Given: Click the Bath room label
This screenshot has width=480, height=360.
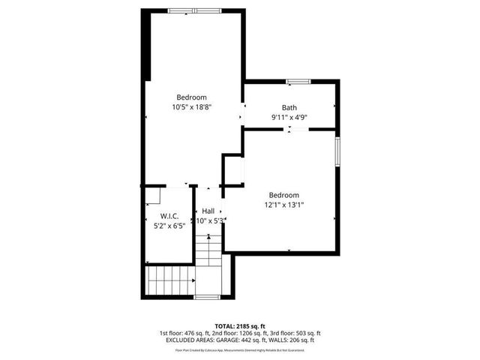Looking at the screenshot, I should [x=289, y=107].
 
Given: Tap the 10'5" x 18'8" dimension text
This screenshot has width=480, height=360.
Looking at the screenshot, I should [x=192, y=107].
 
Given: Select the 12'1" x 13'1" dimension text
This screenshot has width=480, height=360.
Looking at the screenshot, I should [x=283, y=204].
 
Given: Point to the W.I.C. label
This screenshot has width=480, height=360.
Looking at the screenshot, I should [x=169, y=216].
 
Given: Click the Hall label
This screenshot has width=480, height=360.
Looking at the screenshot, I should [x=208, y=211].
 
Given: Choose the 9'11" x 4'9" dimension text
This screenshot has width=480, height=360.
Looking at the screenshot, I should [x=289, y=117].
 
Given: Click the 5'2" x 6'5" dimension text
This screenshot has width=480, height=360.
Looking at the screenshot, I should [x=169, y=226].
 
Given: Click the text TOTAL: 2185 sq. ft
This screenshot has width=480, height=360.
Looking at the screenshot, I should [x=239, y=326].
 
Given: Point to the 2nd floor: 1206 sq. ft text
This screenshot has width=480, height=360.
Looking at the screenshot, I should [x=232, y=333].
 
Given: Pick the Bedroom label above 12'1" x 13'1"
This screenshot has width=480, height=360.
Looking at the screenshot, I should [x=283, y=194].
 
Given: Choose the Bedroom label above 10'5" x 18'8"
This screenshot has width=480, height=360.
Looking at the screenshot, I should [x=192, y=97].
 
